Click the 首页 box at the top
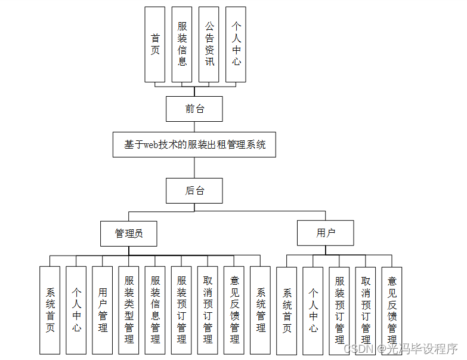[x=155, y=44]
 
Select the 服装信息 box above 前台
[x=183, y=44]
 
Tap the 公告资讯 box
[x=209, y=44]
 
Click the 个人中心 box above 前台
[x=236, y=44]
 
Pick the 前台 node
[x=194, y=109]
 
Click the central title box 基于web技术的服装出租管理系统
[x=194, y=144]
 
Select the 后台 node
[x=194, y=190]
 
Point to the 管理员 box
[x=129, y=233]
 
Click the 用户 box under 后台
[x=326, y=233]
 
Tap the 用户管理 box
[x=103, y=309]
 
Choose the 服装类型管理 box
[x=129, y=309]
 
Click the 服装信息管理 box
[x=155, y=309]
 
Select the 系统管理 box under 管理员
[x=260, y=309]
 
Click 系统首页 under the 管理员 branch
[x=50, y=309]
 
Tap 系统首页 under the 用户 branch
[x=287, y=310]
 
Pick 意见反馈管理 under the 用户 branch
[x=392, y=310]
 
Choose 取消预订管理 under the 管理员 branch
[x=208, y=309]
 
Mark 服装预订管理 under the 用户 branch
[x=339, y=310]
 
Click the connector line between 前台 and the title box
[x=194, y=127]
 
